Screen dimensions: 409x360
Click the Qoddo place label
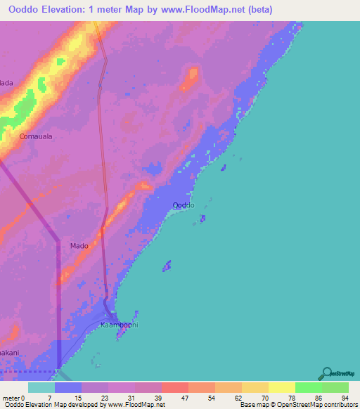[184, 204]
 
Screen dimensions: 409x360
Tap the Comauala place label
[36, 136]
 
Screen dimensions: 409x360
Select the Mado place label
[79, 246]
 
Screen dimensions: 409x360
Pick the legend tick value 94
[344, 398]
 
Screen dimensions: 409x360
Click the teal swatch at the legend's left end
[41, 387]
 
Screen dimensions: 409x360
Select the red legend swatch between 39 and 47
[174, 387]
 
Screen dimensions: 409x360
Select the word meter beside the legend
[11, 398]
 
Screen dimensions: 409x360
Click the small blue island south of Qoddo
[167, 266]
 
